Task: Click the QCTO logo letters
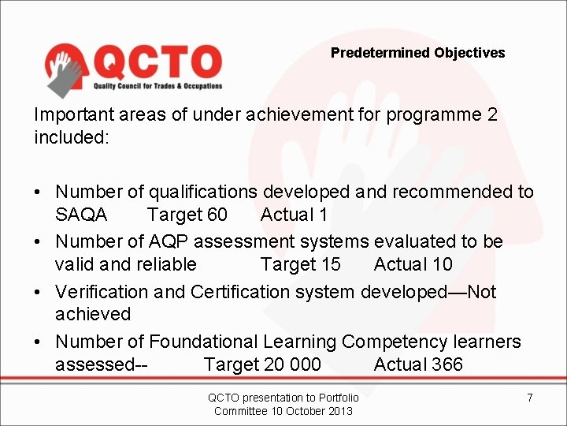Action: click(x=157, y=61)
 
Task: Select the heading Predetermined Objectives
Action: click(x=417, y=53)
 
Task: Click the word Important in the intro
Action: click(x=69, y=114)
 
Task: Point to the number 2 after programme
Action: click(x=492, y=114)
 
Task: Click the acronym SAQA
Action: click(x=82, y=215)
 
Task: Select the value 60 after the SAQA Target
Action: click(x=217, y=215)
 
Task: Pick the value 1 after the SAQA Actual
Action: click(x=323, y=215)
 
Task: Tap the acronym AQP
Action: click(x=206, y=241)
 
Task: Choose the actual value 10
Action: click(x=443, y=263)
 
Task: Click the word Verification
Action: click(x=101, y=292)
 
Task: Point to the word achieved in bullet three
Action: click(x=93, y=314)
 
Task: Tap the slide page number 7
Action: click(x=530, y=398)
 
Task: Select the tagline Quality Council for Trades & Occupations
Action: click(x=158, y=86)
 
